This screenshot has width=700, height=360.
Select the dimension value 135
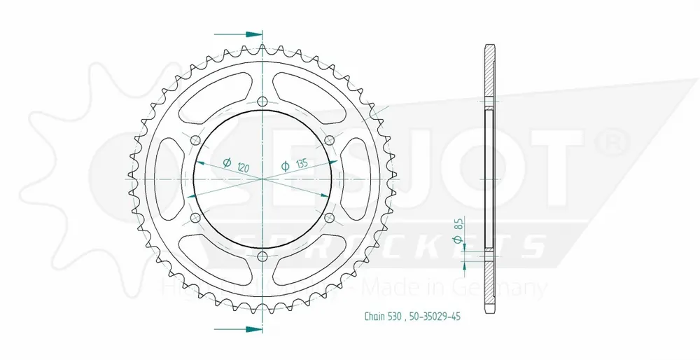(302, 165)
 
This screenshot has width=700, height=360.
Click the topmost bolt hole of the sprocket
(262, 102)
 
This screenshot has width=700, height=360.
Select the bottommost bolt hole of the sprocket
(262, 256)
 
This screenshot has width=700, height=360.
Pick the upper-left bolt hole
(195, 140)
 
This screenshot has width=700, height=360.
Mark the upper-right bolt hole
(330, 140)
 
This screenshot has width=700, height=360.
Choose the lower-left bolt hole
(195, 218)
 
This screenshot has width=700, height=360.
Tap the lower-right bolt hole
(330, 218)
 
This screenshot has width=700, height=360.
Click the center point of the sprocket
(262, 179)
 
